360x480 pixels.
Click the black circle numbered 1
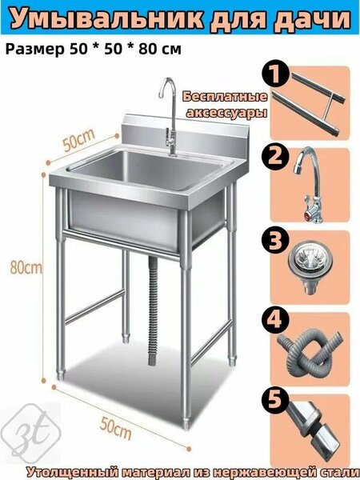[275, 74]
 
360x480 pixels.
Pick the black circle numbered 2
[275, 156]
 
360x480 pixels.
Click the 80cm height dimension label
[26, 267]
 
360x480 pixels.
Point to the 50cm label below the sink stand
[115, 428]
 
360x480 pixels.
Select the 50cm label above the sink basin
[78, 140]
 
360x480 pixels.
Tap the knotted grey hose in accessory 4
[309, 350]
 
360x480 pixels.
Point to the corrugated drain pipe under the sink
[153, 310]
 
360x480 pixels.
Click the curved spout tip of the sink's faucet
[161, 94]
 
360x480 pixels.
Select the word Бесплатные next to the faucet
[225, 97]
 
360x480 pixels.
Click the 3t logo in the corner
[32, 432]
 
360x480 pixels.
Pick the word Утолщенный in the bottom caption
[73, 472]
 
